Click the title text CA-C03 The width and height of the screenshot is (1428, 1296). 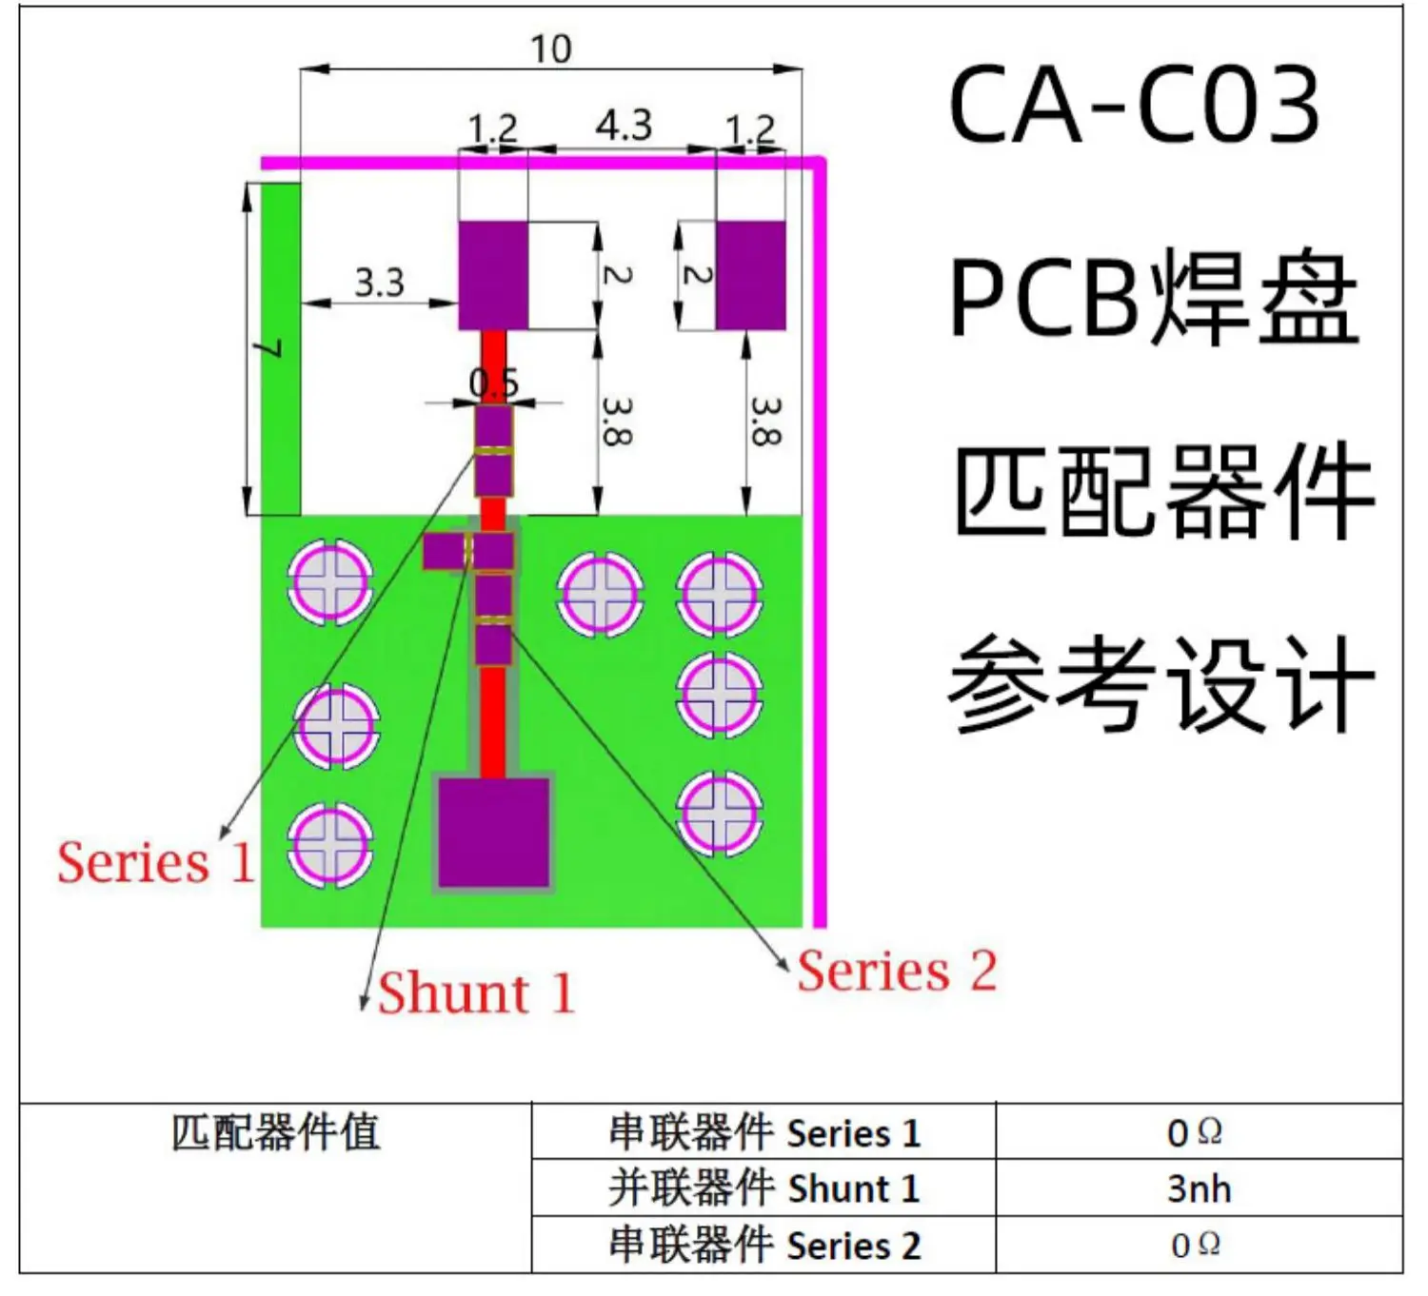click(x=1135, y=105)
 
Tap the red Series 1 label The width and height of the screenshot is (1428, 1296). click(x=155, y=863)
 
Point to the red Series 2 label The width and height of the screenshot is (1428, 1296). click(x=897, y=972)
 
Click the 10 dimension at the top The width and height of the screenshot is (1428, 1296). click(x=550, y=49)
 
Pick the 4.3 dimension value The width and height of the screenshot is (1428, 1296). click(x=624, y=126)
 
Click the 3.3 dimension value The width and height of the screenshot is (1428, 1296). click(x=379, y=283)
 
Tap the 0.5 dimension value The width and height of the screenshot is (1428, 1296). click(x=494, y=383)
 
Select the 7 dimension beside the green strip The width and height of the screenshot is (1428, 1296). click(x=270, y=348)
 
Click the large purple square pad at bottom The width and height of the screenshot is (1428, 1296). click(x=493, y=833)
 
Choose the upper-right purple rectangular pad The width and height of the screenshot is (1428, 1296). click(x=750, y=276)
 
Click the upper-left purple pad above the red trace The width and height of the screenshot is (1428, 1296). click(x=493, y=276)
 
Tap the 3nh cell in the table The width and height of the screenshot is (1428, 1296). click(x=1199, y=1188)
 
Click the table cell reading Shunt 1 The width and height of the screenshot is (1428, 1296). click(x=764, y=1188)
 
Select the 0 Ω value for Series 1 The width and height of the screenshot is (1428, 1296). click(x=1195, y=1132)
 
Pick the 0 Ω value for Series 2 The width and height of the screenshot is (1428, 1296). click(x=1195, y=1245)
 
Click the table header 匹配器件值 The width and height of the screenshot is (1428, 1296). click(x=275, y=1132)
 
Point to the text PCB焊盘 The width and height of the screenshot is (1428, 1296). click(x=1154, y=299)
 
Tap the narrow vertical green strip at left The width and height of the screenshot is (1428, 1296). click(x=281, y=348)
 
